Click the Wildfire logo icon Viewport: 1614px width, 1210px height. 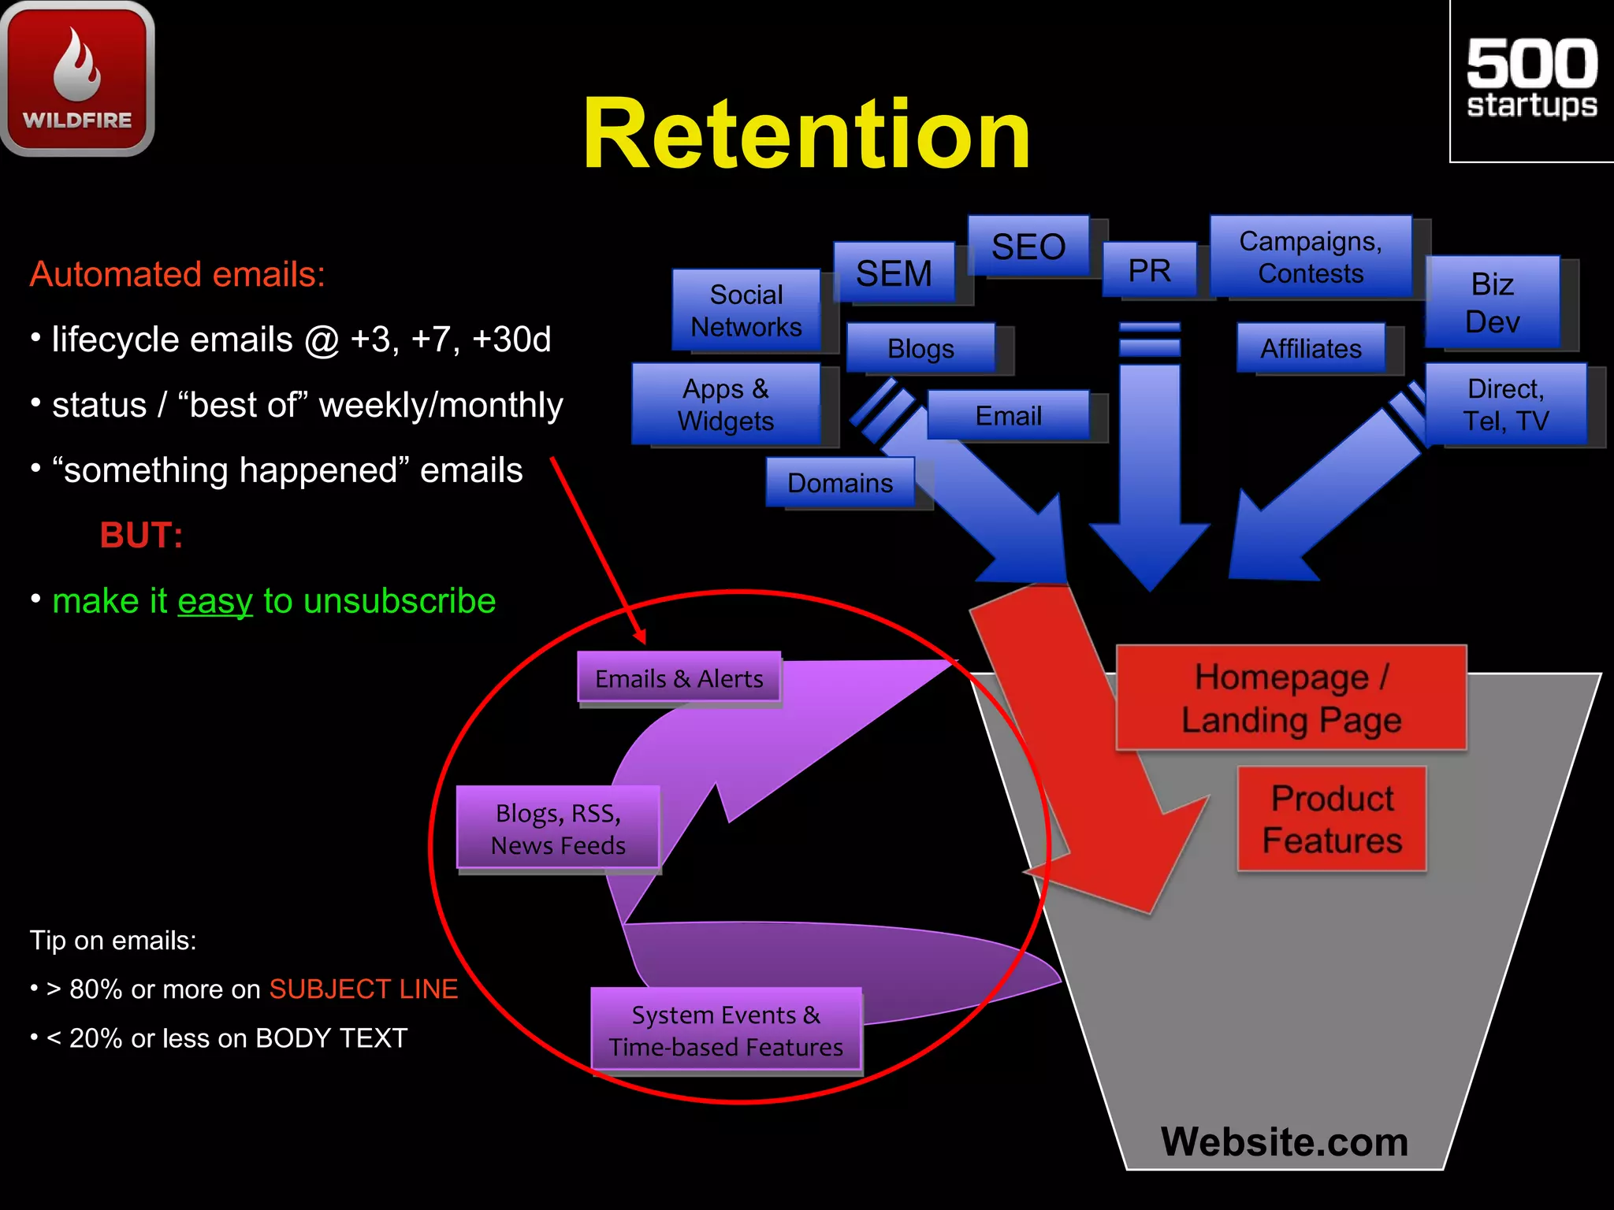(x=77, y=78)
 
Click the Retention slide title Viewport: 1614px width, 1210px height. (x=806, y=134)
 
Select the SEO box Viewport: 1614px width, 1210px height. (x=1028, y=247)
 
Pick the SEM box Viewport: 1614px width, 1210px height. (x=894, y=273)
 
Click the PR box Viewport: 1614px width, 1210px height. (x=1149, y=270)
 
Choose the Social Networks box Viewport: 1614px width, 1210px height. (x=746, y=310)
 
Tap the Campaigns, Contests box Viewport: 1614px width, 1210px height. (x=1310, y=257)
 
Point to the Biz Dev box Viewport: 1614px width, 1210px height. (x=1492, y=302)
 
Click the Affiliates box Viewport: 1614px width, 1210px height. (x=1311, y=348)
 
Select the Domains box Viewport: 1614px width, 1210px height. (x=840, y=483)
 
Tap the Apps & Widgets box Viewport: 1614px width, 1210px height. (x=726, y=404)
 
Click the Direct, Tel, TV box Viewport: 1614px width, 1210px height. (x=1505, y=404)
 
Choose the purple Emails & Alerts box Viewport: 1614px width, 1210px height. (x=679, y=677)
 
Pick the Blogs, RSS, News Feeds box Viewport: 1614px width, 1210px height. (x=558, y=828)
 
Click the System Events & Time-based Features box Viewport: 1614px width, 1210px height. (x=726, y=1030)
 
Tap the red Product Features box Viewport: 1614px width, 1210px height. (x=1332, y=819)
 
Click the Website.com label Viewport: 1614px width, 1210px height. (x=1285, y=1141)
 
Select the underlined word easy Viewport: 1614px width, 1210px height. (x=215, y=601)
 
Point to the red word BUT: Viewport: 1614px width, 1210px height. (x=141, y=536)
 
